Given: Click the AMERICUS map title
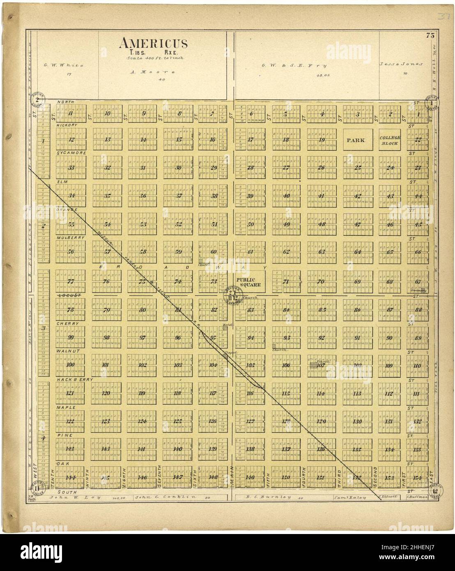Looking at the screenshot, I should pos(154,43).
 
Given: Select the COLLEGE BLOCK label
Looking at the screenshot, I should pos(390,140).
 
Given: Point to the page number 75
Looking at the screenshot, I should pos(430,36).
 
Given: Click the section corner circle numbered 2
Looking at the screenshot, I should pos(37,100).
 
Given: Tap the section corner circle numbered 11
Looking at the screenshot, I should pos(37,488).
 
